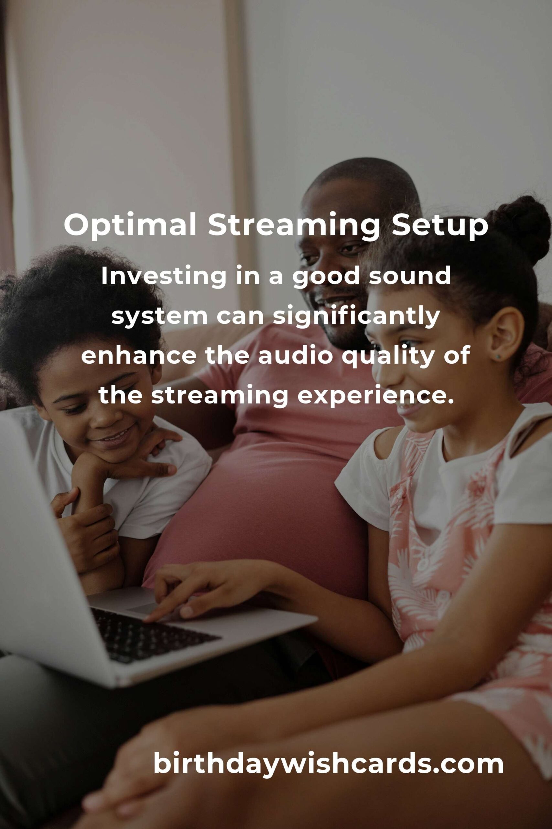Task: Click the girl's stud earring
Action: (x=499, y=357)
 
